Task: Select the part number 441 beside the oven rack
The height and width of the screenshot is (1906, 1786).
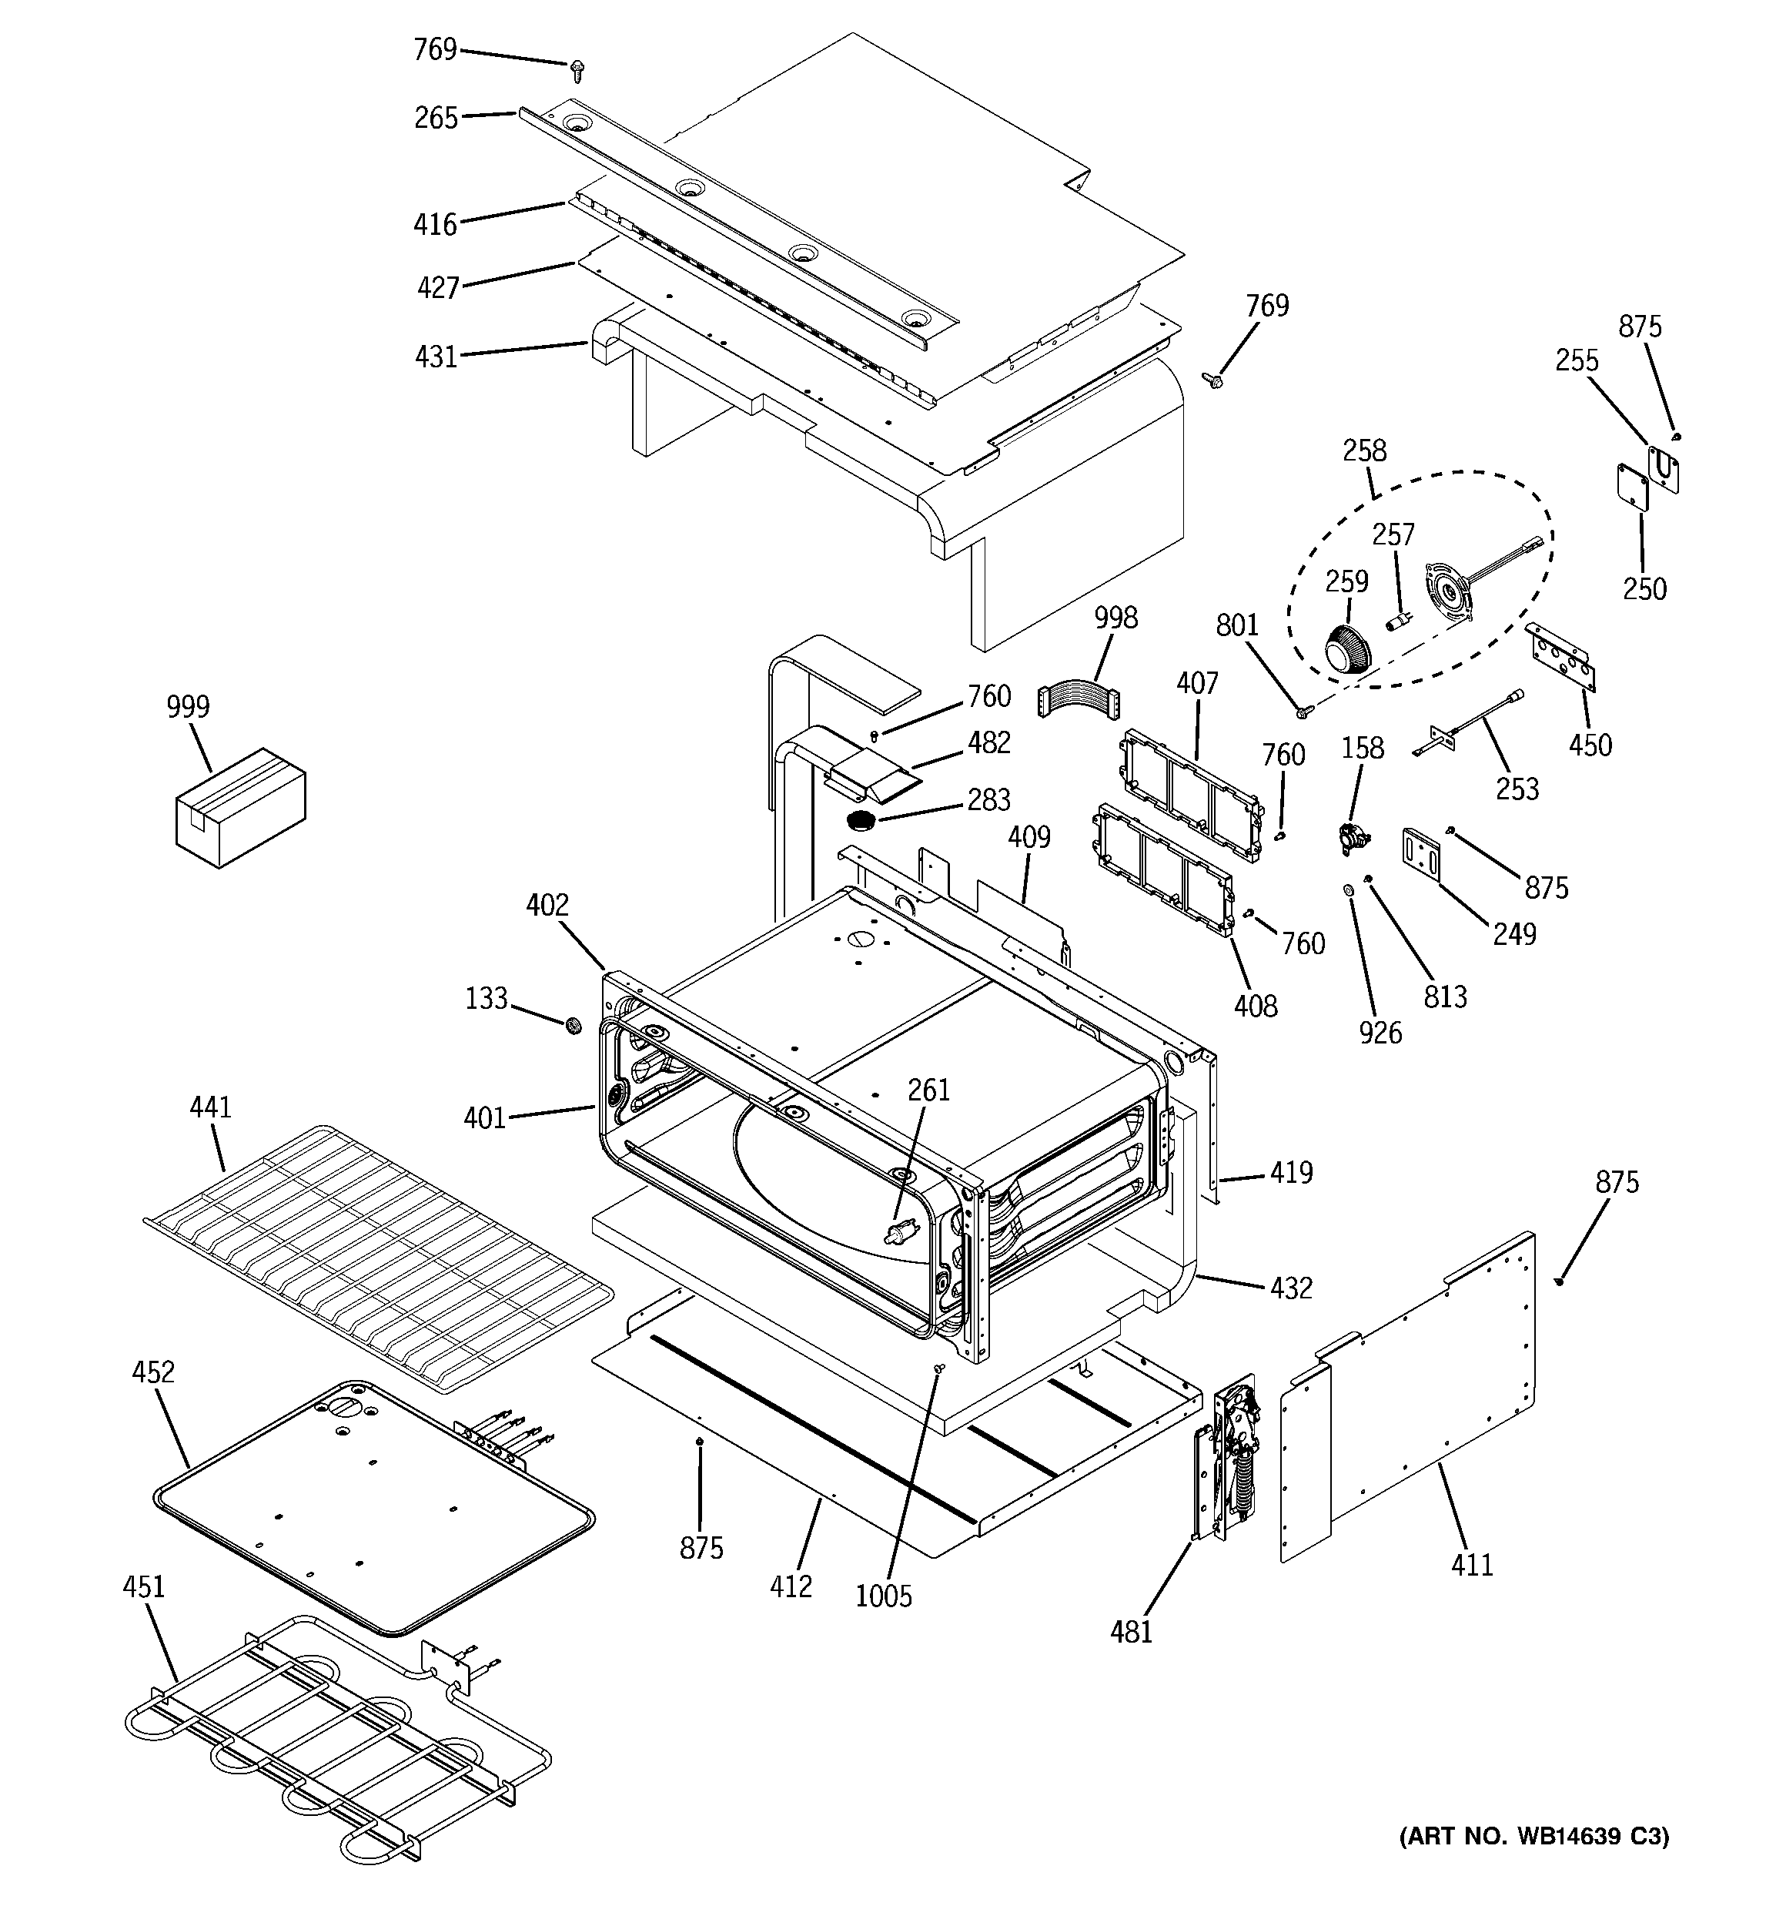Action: [x=210, y=1107]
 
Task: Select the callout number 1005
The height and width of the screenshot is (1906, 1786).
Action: [x=883, y=1596]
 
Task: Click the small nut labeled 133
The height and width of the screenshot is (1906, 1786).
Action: [x=572, y=1026]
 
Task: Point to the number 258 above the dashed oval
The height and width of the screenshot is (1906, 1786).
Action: [x=1364, y=451]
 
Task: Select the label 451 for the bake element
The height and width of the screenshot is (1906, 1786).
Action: [x=144, y=1586]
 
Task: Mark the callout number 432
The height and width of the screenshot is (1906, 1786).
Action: [x=1290, y=1288]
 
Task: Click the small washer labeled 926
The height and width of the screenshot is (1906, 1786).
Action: [x=1348, y=891]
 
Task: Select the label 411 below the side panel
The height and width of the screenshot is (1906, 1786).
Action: [x=1472, y=1566]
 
